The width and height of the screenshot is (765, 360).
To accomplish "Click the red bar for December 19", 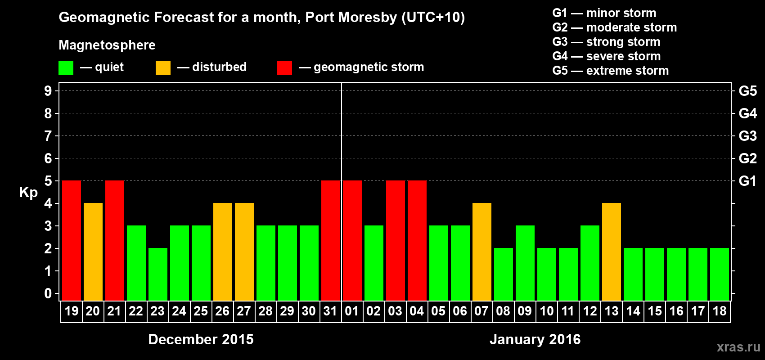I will [x=72, y=240].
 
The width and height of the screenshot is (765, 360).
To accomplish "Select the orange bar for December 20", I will [x=93, y=252].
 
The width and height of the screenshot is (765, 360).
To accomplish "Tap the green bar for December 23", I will [x=158, y=274].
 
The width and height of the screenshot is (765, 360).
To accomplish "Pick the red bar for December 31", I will [x=331, y=240].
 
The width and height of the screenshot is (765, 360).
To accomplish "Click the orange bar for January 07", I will [x=482, y=252].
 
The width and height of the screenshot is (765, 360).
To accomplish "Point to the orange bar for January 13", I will [x=612, y=252].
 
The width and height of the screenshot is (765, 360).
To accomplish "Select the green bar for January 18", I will [x=720, y=274].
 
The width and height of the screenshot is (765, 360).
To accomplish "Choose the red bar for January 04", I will [x=417, y=240].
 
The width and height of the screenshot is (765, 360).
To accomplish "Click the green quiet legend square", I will [x=66, y=68].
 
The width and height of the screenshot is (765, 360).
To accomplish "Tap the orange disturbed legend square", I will [x=163, y=68].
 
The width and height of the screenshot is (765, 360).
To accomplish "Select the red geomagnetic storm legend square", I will [x=284, y=68].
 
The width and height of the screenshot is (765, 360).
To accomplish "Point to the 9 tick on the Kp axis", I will [x=48, y=91].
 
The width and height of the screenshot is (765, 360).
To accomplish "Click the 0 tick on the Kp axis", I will [x=48, y=293].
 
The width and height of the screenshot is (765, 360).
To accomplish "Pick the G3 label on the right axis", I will [x=747, y=136].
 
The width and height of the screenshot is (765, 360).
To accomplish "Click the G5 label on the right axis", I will [x=747, y=91].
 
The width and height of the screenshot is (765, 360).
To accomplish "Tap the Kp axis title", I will [x=28, y=193].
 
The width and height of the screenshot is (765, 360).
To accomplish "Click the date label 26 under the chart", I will [x=222, y=311].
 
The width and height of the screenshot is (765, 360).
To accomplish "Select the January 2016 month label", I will [x=535, y=339].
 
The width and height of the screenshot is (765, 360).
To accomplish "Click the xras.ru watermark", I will [x=738, y=347].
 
